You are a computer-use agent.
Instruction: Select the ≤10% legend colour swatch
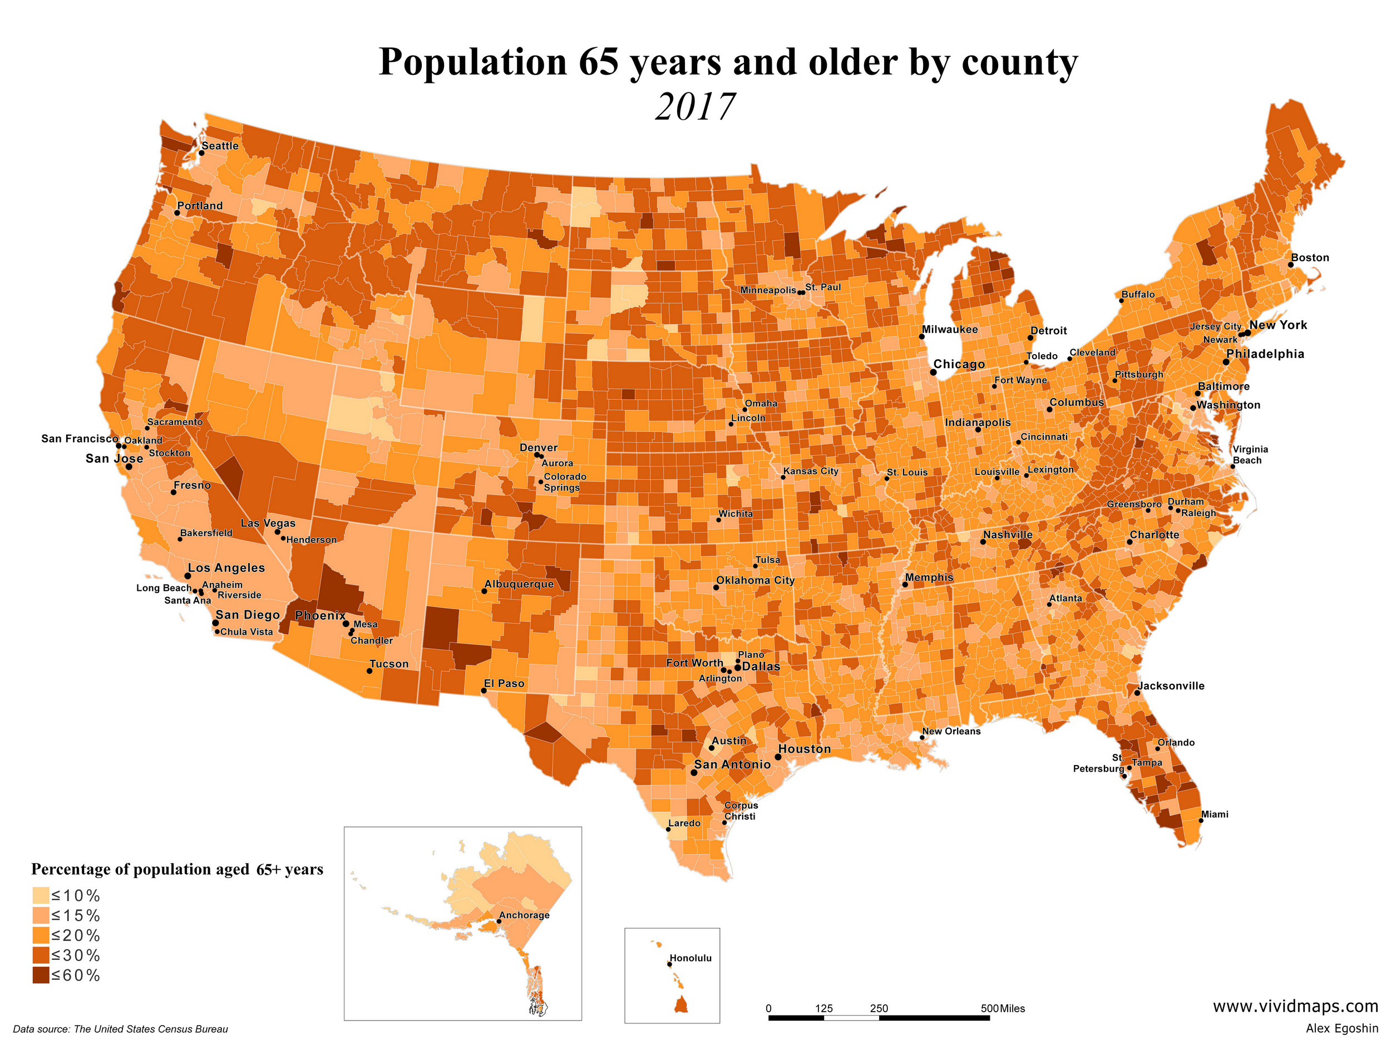tap(41, 895)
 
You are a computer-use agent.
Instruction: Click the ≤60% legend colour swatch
tap(41, 976)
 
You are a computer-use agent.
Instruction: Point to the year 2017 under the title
tap(695, 107)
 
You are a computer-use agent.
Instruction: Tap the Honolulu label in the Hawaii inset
tap(690, 958)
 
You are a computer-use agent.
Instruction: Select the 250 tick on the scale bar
tap(879, 1008)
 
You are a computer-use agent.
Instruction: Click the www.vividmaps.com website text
tap(1295, 1006)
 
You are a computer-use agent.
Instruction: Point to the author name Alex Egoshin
tap(1341, 1028)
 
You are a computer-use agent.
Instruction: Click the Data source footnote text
tap(120, 1029)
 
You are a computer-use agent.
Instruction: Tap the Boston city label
tap(1310, 257)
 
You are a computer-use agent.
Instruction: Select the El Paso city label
tap(504, 683)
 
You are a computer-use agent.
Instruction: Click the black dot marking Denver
tap(537, 454)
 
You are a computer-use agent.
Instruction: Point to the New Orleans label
tap(951, 731)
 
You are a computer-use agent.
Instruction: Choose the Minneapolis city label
tap(768, 290)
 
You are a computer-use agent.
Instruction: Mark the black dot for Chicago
tap(934, 372)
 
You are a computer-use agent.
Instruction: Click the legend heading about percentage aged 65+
tap(177, 869)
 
